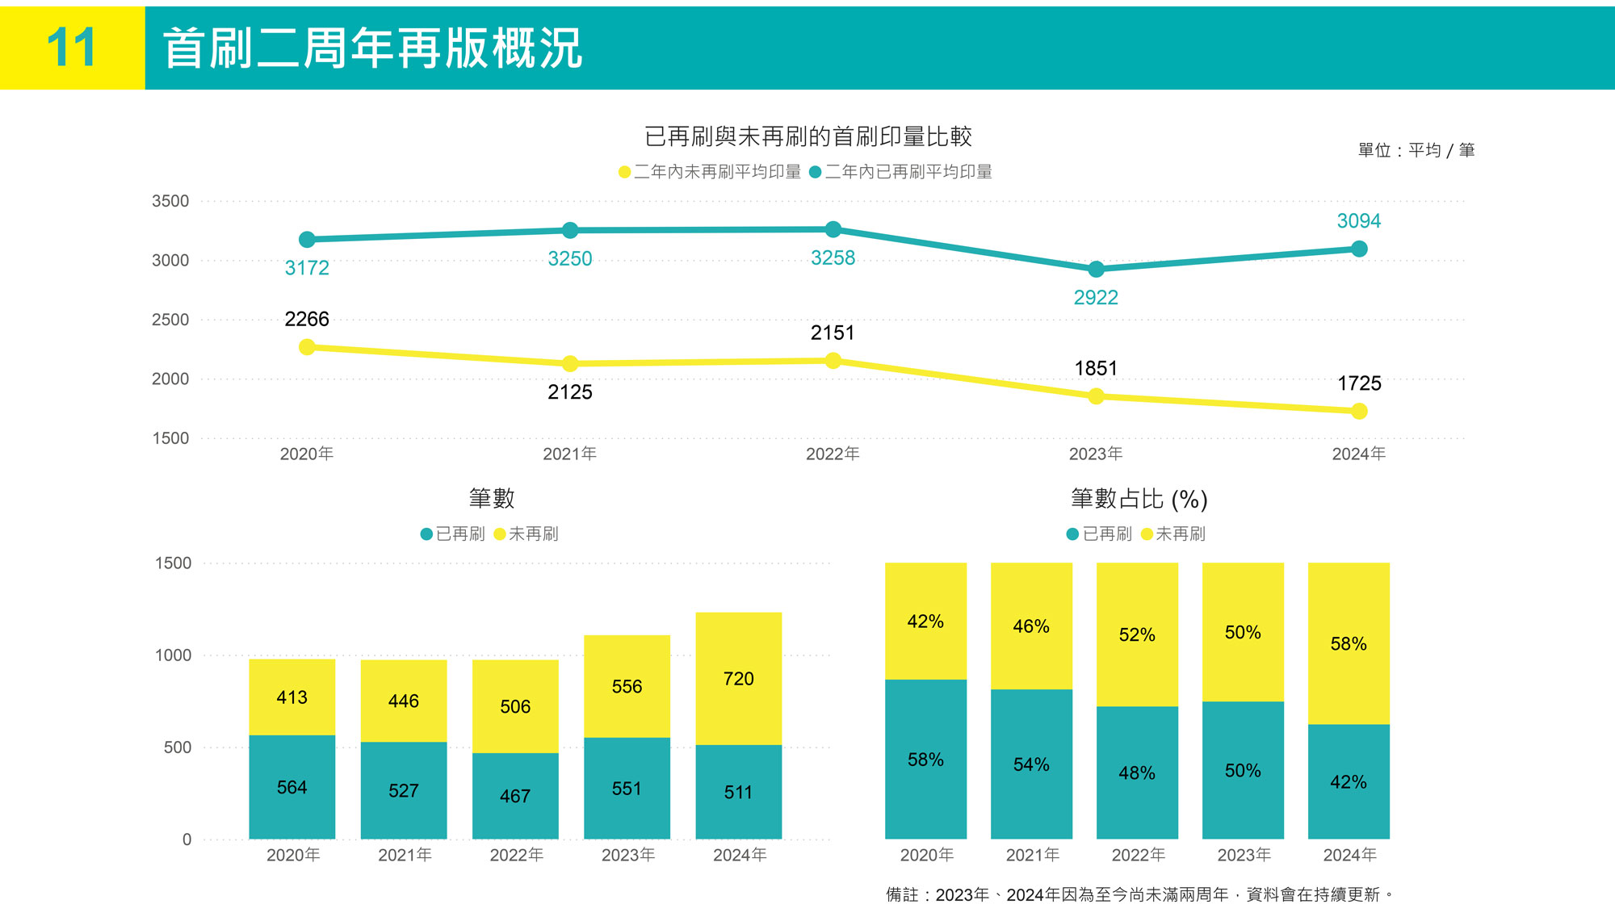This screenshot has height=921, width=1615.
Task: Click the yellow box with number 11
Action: coord(72,48)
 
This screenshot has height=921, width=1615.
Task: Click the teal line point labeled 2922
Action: coord(1096,269)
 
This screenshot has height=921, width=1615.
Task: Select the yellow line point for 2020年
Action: coord(307,347)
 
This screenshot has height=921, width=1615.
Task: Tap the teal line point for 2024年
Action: coord(1359,249)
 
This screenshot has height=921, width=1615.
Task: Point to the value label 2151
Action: coord(833,333)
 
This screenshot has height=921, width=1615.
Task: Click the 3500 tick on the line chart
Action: coord(170,201)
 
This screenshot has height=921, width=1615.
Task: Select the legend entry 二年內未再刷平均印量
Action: coord(710,172)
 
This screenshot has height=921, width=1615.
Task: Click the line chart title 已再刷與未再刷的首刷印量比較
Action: coord(807,136)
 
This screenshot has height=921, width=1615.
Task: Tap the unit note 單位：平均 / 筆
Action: coord(1416,150)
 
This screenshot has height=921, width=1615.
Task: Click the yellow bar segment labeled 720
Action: coord(738,678)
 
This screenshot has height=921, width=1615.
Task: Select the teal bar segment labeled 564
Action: coord(292,787)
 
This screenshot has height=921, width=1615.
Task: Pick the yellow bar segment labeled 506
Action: coord(515,706)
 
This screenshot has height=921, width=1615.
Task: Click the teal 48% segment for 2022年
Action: coord(1137,772)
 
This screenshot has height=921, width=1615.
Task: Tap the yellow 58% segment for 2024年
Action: coord(1349,643)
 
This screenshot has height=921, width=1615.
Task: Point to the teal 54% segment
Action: coord(1031,764)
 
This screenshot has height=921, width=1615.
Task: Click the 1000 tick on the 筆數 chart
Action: coord(174,655)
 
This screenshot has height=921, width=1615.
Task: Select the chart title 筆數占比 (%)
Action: coord(1139,499)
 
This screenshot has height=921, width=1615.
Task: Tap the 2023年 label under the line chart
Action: coord(1096,454)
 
